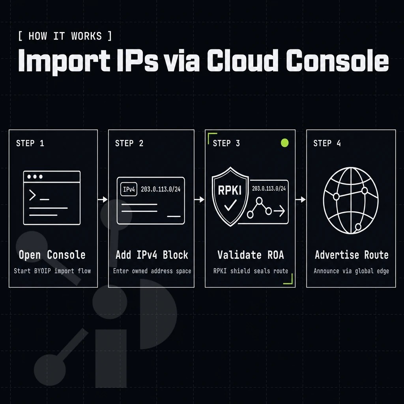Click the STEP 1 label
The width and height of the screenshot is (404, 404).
click(30, 143)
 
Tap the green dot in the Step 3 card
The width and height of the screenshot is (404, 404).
click(284, 143)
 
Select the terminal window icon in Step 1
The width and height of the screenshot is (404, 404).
click(52, 198)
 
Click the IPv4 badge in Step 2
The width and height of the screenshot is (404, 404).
click(129, 189)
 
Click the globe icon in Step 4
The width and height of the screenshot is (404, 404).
click(351, 200)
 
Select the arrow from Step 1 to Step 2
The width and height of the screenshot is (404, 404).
click(103, 199)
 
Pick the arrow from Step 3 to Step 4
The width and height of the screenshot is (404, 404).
click(301, 199)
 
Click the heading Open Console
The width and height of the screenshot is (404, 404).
click(52, 255)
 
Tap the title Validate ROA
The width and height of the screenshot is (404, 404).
click(251, 255)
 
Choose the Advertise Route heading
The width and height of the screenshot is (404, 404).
click(352, 255)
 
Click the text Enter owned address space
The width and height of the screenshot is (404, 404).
click(152, 271)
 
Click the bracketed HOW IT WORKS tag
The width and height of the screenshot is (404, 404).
click(65, 36)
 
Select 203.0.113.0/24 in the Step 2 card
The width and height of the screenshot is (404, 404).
click(161, 189)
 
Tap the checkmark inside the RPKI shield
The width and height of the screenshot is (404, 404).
click(230, 205)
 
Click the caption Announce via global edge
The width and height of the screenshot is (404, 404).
click(351, 271)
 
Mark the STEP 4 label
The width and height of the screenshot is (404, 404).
click(327, 143)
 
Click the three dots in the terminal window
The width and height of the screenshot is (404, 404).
click(35, 176)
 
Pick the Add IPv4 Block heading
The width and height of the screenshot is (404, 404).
click(152, 255)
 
